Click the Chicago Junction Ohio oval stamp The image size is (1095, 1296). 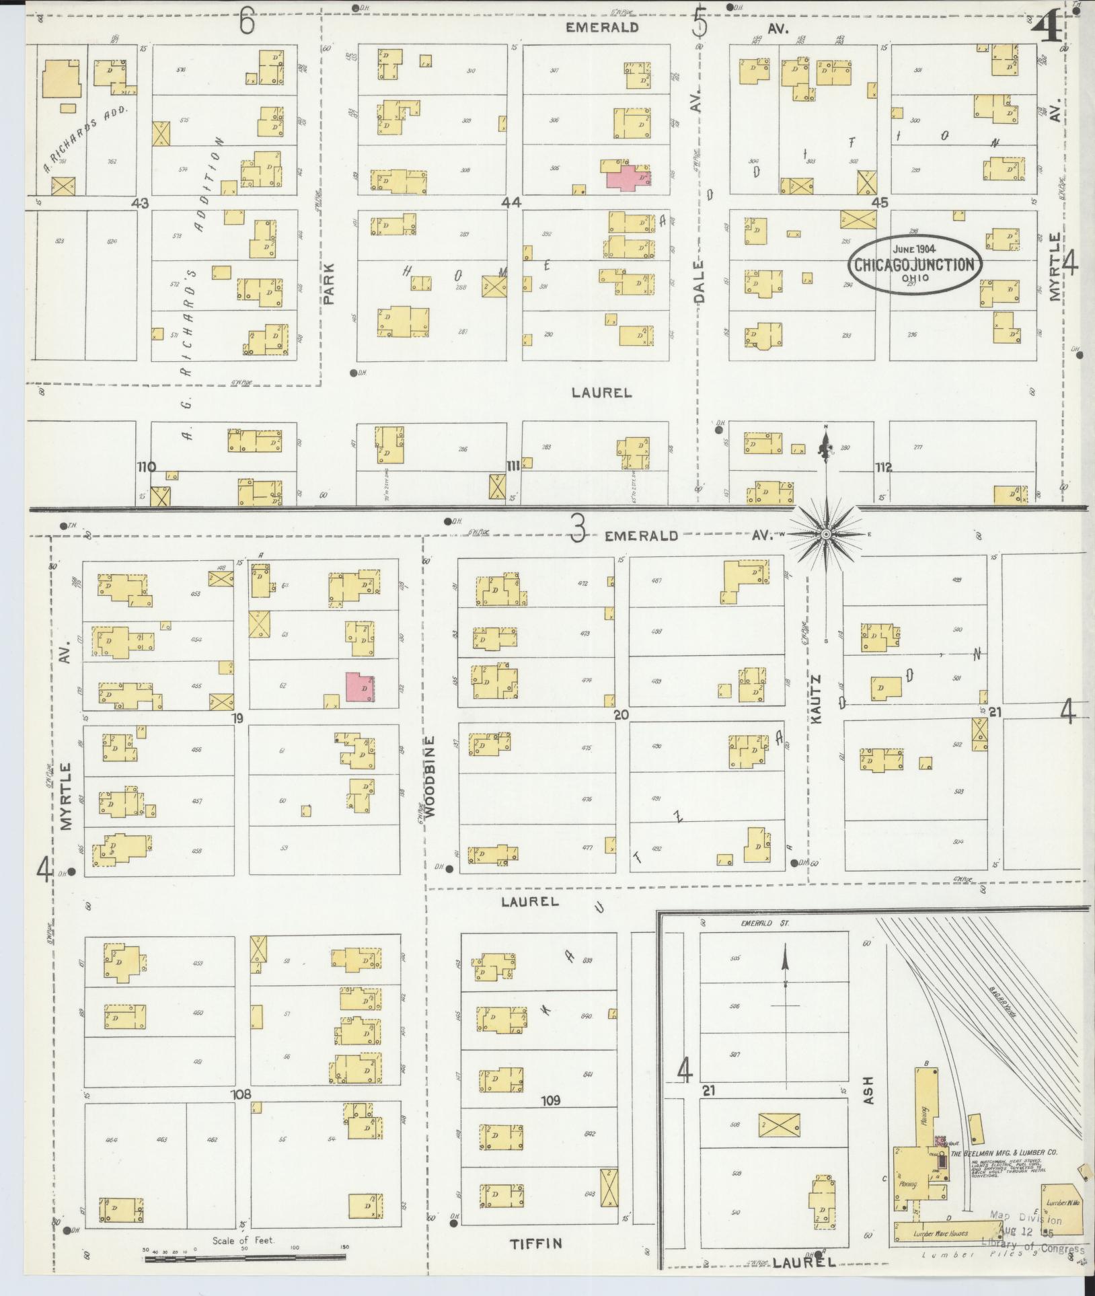[x=914, y=264]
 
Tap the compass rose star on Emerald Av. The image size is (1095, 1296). [x=826, y=534]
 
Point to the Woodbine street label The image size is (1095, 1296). [x=431, y=777]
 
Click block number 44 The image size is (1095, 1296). [x=511, y=202]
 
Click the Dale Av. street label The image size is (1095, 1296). [x=700, y=282]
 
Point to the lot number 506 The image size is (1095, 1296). [x=734, y=1007]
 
